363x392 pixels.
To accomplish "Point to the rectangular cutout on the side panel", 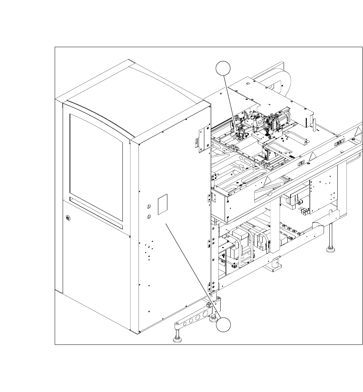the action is (x=162, y=204).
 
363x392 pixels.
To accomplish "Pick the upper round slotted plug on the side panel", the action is (x=149, y=206).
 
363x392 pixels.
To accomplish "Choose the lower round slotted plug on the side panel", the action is (x=149, y=216).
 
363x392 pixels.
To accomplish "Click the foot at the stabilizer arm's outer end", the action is (x=178, y=339).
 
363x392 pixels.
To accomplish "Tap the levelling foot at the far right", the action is (x=330, y=249).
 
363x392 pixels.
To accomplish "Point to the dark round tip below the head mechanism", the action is (x=267, y=134).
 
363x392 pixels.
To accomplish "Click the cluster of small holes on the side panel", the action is (x=148, y=250).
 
